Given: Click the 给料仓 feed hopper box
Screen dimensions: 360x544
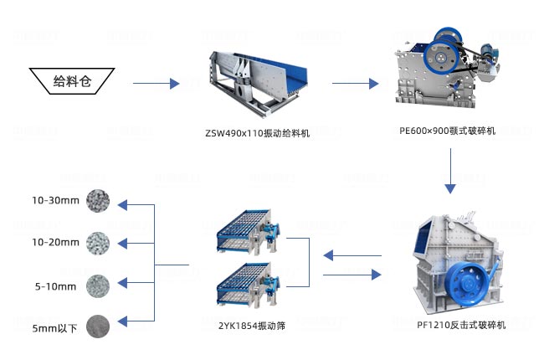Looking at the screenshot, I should [71, 81].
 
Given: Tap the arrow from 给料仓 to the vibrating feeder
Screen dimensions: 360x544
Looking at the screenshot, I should [157, 83].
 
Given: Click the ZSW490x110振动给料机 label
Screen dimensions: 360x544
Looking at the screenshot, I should [257, 133].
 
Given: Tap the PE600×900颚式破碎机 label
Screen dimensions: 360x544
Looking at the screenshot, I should [448, 131].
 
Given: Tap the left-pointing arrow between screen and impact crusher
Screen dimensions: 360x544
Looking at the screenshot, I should [351, 254].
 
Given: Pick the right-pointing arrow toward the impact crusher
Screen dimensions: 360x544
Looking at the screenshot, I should [351, 275].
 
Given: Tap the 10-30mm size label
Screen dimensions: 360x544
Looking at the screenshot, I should [55, 201].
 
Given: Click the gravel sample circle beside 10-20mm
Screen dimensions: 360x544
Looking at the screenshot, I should [98, 243].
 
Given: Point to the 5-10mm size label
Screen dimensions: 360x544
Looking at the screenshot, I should [55, 286].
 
